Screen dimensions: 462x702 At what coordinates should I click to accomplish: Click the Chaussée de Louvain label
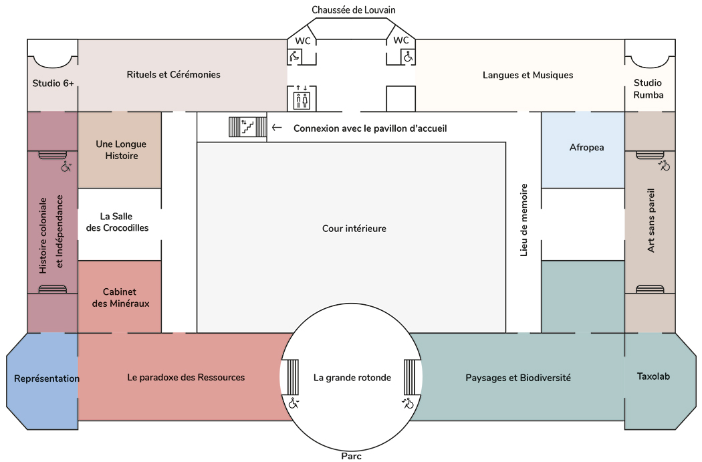point(354,9)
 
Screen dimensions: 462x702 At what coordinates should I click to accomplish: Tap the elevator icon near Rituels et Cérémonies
point(302,100)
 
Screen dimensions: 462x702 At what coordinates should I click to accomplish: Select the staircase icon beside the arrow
point(247,127)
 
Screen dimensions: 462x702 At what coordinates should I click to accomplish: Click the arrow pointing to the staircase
point(277,128)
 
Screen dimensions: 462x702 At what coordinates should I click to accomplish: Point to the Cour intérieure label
point(354,229)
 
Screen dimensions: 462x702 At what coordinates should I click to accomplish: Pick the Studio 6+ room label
point(53,84)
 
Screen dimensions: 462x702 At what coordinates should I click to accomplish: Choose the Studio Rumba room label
point(649,88)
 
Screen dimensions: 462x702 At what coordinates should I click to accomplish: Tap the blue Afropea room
point(586,147)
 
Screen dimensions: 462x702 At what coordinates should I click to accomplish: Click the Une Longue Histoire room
point(121,150)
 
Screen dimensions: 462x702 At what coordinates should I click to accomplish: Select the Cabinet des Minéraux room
point(121,298)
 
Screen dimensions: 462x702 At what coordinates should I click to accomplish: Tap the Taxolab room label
point(653,376)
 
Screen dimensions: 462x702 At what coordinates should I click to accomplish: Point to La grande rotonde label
point(352,378)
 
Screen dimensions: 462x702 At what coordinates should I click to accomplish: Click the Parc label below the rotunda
point(351,456)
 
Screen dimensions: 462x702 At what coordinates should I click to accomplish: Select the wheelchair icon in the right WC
point(406,57)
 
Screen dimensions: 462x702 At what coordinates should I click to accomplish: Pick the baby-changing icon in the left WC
point(295,57)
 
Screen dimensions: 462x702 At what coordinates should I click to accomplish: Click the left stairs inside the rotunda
point(293,377)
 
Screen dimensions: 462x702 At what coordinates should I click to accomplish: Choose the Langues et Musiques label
point(528,75)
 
